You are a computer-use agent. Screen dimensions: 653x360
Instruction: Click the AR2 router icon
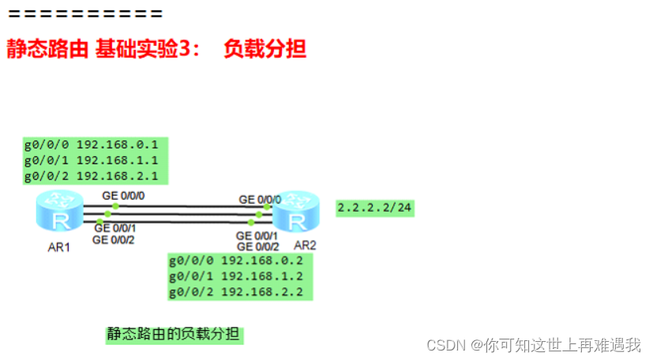296,211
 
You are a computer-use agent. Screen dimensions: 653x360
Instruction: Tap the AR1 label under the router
58,247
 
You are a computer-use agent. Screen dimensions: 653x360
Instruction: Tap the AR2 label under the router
305,246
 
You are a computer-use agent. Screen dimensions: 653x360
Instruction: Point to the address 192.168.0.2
262,261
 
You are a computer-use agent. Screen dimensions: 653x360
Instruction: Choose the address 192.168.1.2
262,276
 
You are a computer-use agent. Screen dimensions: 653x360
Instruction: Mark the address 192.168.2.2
262,292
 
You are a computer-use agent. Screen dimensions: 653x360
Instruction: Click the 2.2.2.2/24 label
375,208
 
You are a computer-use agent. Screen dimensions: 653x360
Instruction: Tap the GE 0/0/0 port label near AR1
123,194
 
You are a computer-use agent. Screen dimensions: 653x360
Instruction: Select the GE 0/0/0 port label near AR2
259,198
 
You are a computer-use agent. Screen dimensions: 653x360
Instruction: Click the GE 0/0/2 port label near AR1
114,240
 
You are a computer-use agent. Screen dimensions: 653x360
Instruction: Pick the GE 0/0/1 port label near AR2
257,235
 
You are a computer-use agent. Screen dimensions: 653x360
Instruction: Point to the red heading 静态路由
47,49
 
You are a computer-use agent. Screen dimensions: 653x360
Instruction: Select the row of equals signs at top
84,14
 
